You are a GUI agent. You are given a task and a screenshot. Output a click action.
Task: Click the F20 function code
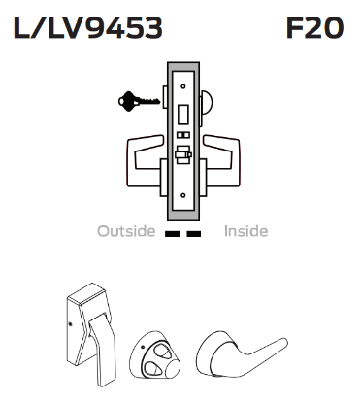coord(314,29)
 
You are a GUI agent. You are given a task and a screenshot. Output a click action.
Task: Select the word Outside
coord(125,232)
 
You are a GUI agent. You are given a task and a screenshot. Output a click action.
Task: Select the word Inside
coord(245,232)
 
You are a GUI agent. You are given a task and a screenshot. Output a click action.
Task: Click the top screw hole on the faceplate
coord(180,72)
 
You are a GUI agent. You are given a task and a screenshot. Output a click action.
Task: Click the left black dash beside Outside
coord(172,233)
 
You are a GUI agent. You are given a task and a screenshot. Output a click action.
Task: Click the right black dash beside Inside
coord(194,233)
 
